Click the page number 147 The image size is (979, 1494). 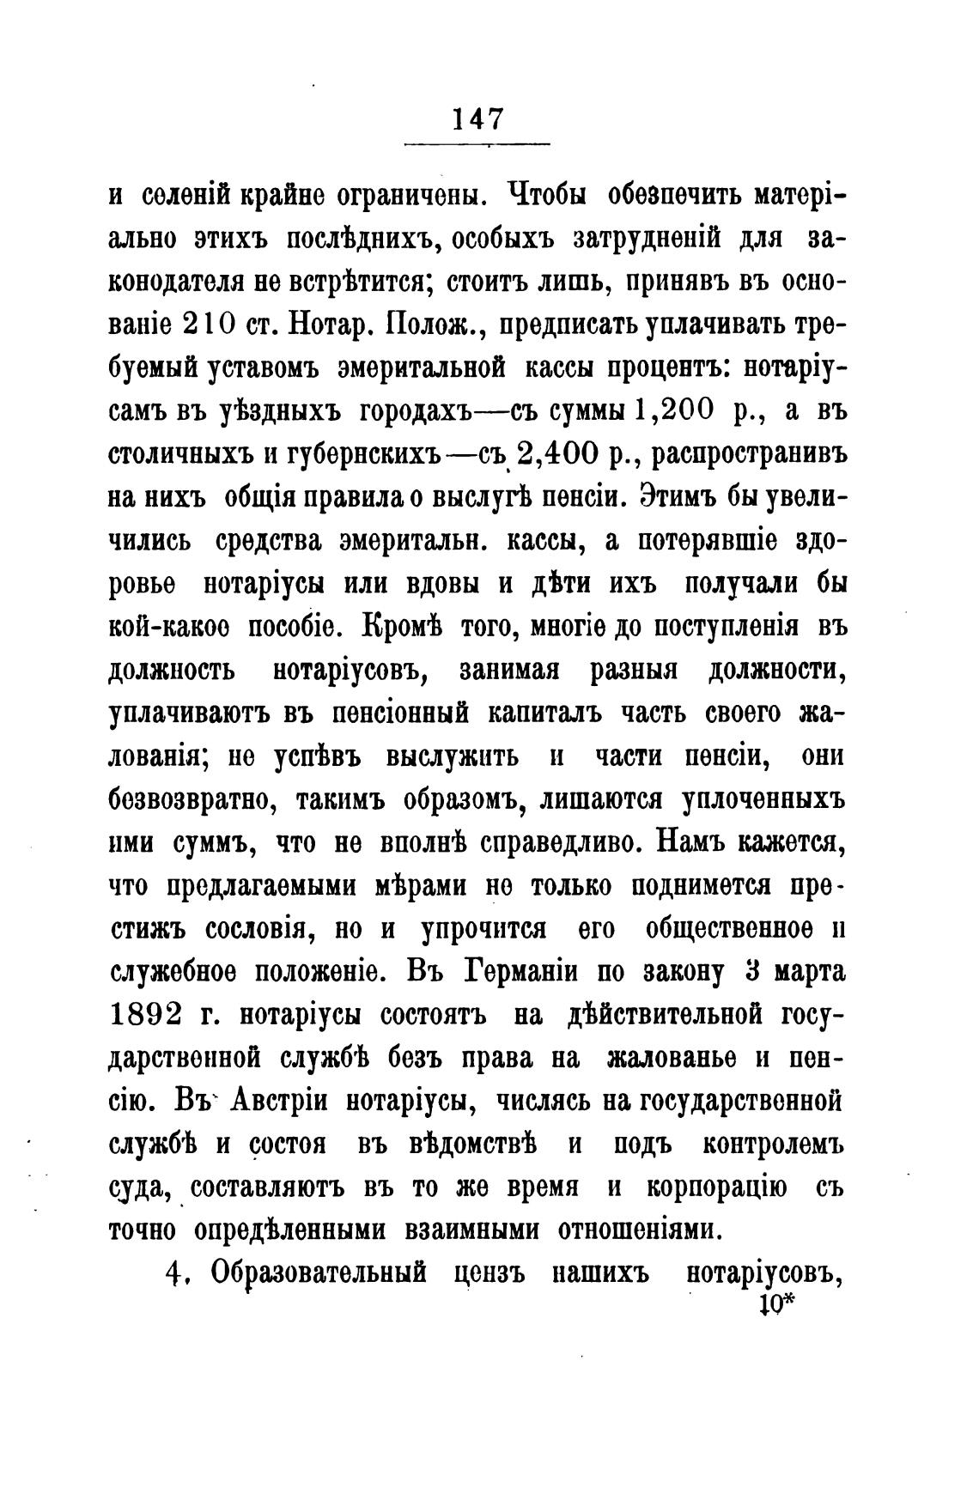[x=477, y=118]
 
